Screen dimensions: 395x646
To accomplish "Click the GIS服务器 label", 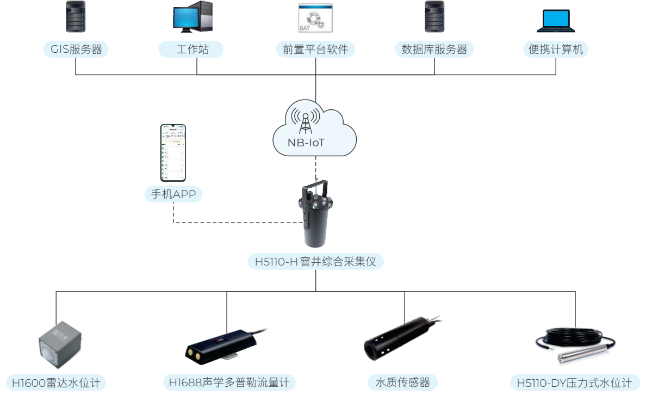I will [76, 50].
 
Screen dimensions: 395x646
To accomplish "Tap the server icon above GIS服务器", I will [76, 17].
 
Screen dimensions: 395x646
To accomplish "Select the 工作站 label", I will [191, 50].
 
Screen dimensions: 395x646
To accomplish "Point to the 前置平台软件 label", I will [315, 50].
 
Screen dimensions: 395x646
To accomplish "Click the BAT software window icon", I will [315, 18].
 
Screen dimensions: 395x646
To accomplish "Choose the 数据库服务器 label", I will [434, 50].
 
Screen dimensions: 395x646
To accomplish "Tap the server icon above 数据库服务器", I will [434, 17].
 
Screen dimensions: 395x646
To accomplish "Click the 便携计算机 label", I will [556, 50].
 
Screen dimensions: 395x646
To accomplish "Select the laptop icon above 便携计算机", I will [556, 21].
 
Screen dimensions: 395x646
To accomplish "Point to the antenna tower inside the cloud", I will [305, 121].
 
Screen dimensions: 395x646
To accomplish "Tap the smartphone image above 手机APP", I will [173, 153].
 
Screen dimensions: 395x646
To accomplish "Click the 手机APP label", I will [173, 194].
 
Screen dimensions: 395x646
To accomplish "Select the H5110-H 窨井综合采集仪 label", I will [315, 262].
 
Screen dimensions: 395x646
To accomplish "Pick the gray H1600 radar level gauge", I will [60, 345].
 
